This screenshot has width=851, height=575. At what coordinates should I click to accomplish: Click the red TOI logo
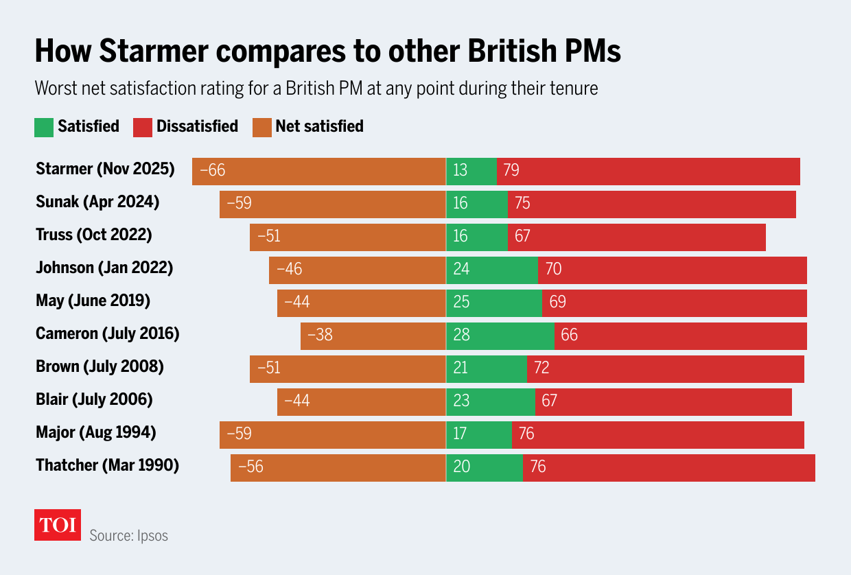coord(58,525)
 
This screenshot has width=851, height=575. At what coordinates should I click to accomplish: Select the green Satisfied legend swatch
coord(44,127)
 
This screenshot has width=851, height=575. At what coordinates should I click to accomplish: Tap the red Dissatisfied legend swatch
coord(143,127)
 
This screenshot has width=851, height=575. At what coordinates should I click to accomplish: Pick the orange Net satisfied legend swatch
coord(261,127)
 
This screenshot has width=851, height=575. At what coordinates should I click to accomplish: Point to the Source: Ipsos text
coord(128,535)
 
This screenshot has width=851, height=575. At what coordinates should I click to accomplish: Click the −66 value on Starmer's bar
coord(212,170)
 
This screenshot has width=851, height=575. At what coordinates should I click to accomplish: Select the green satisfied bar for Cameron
coord(500,336)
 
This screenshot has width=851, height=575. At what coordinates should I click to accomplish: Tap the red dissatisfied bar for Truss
coord(636,236)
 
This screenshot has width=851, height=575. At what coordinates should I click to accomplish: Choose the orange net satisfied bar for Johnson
coord(357,269)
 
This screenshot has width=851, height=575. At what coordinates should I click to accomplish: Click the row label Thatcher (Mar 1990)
coord(107,465)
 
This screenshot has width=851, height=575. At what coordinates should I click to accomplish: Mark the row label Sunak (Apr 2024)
coord(97,202)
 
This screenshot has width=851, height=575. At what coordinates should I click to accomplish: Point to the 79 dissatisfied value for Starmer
coord(511,170)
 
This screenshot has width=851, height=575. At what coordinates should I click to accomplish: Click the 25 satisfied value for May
coord(461,302)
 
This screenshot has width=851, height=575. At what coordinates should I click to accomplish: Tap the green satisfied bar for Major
coord(478,434)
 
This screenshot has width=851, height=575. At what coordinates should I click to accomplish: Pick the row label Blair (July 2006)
coord(94,399)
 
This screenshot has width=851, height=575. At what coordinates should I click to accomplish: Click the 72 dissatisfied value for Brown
coord(541,368)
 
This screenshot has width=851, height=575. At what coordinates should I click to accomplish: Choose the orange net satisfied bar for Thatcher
coord(338,467)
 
